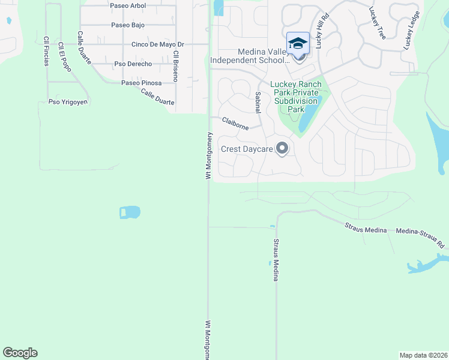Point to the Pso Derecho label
tap(133, 64)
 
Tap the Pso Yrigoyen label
tap(67, 102)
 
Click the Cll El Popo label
tap(64, 58)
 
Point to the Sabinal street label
tap(258, 103)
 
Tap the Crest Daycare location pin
tap(282, 149)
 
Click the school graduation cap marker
tap(298, 44)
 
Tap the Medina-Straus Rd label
tap(420, 238)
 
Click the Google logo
tap(20, 353)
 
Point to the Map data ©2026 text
tap(424, 355)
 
